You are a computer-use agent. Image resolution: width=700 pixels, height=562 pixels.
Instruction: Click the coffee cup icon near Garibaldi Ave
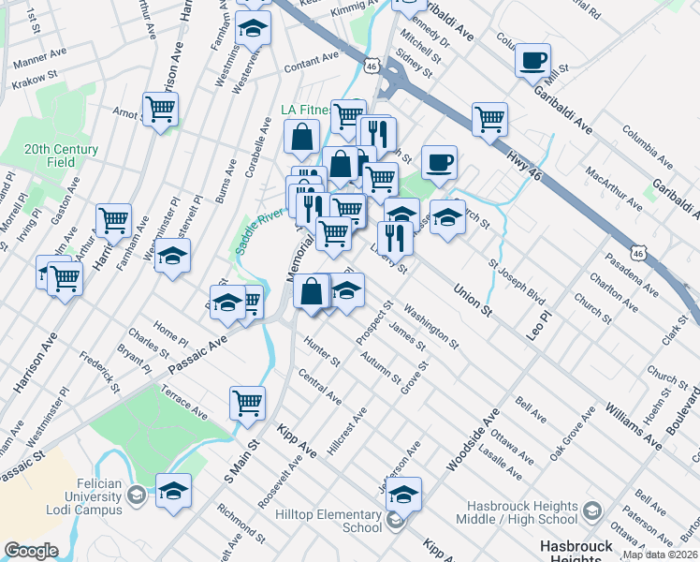click(533, 61)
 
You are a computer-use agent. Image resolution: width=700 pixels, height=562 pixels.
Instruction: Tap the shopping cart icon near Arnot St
click(161, 111)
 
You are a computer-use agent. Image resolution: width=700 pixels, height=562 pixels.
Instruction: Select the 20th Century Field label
click(61, 155)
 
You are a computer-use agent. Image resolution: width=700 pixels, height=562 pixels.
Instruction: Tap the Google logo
click(31, 551)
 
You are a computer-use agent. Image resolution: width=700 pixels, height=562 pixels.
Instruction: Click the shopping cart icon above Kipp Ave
click(247, 404)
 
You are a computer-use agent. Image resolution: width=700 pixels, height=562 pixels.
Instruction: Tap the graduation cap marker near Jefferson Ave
click(404, 494)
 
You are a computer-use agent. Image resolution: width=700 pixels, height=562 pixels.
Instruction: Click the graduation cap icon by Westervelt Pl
click(172, 257)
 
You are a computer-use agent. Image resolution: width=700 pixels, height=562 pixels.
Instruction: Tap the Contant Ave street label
click(311, 62)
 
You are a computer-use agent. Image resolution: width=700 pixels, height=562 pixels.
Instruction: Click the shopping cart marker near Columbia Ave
click(489, 120)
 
